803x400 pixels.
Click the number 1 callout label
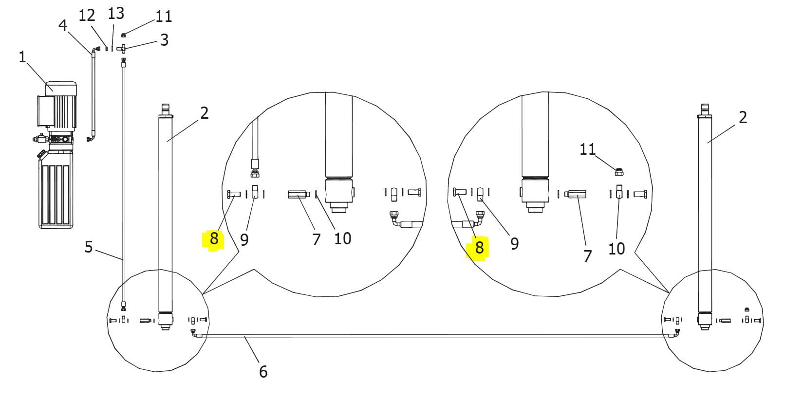22,57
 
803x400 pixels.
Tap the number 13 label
116,14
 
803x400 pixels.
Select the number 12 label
87,16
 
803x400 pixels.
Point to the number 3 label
164,40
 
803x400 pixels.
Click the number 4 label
63,25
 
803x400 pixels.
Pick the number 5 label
89,247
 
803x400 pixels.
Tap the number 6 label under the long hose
263,372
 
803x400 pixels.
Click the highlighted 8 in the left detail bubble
214,238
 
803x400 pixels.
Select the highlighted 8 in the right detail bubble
479,248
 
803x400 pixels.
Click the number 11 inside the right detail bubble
588,149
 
